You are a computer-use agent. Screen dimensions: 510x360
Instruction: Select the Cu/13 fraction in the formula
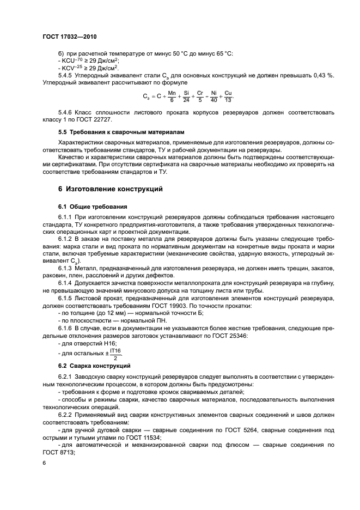tap(228, 96)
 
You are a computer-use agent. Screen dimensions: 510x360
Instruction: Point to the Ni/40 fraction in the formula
tap(214, 96)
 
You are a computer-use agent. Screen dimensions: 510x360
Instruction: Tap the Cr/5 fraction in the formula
tap(200, 96)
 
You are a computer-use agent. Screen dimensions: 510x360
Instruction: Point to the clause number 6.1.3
tap(67, 269)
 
